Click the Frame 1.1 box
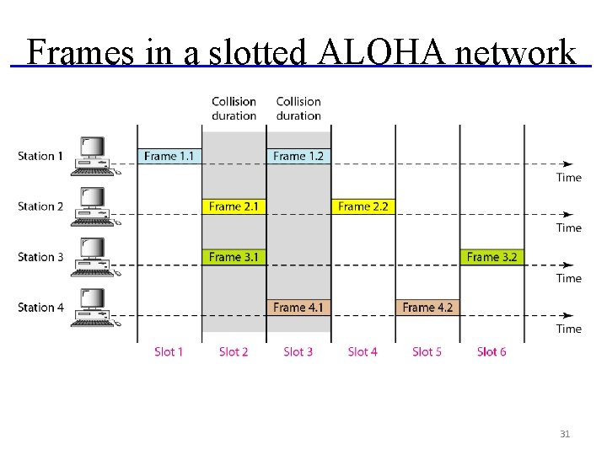(169, 156)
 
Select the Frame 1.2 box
(298, 156)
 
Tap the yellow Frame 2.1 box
(234, 206)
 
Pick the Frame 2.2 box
(363, 206)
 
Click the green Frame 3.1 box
(234, 257)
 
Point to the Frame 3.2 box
(492, 257)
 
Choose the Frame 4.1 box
(298, 308)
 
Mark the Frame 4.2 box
(427, 308)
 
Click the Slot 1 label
(169, 351)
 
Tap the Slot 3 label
(298, 351)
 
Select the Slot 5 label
(427, 351)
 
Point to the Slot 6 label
(492, 351)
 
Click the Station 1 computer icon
(93, 156)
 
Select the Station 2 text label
(40, 206)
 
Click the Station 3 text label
(40, 257)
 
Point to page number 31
(565, 434)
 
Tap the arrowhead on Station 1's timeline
(568, 163)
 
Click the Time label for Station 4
(568, 329)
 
